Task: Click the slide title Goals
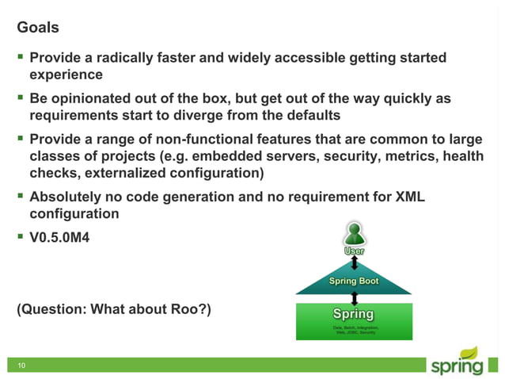[38, 28]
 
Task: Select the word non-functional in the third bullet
[213, 139]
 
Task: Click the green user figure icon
[354, 234]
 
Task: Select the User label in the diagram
[354, 251]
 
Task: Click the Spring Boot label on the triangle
[354, 281]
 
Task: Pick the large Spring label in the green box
[354, 313]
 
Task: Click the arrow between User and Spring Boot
[354, 263]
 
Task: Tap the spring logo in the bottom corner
[457, 362]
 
